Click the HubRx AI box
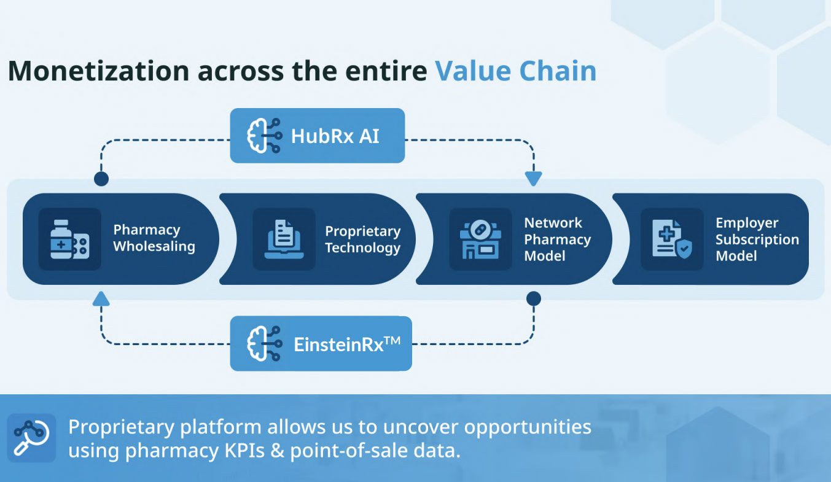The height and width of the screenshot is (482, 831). pyautogui.click(x=317, y=136)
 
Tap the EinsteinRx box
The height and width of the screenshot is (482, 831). pyautogui.click(x=321, y=343)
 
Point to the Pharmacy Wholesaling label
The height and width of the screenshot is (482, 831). pyautogui.click(x=154, y=238)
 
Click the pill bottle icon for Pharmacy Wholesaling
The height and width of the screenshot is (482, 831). pyautogui.click(x=69, y=239)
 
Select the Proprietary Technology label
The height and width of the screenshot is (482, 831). pyautogui.click(x=362, y=239)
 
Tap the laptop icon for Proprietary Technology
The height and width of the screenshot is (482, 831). pyautogui.click(x=284, y=239)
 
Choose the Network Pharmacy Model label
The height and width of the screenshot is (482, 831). pyautogui.click(x=557, y=239)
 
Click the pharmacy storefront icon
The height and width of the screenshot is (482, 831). pyautogui.click(x=480, y=239)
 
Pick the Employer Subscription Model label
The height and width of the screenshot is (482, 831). pyautogui.click(x=757, y=239)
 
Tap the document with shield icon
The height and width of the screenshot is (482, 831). pyautogui.click(x=671, y=239)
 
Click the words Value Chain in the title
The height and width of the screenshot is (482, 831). pyautogui.click(x=516, y=71)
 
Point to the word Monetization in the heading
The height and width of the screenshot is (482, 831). pyautogui.click(x=98, y=71)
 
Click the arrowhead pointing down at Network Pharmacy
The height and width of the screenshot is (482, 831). pyautogui.click(x=533, y=179)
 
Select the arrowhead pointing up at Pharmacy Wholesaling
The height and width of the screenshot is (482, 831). pyautogui.click(x=101, y=299)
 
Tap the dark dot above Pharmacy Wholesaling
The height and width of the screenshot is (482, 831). pyautogui.click(x=101, y=179)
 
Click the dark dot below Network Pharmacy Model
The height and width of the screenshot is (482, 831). pyautogui.click(x=533, y=299)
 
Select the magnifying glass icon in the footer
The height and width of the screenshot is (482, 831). pyautogui.click(x=31, y=438)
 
